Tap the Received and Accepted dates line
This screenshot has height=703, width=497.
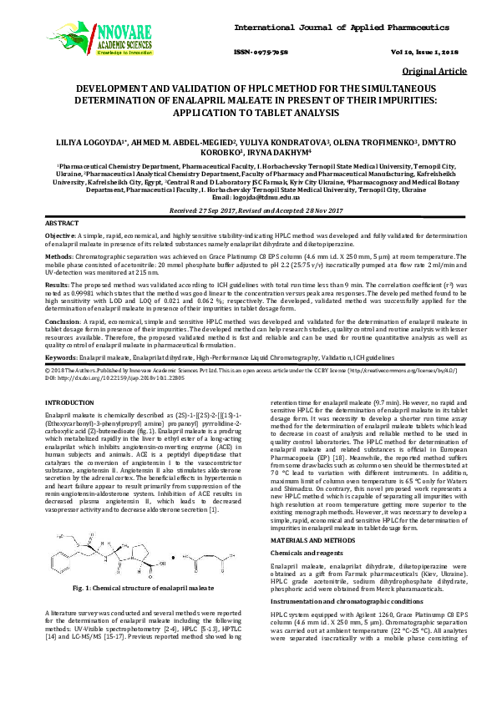248,212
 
